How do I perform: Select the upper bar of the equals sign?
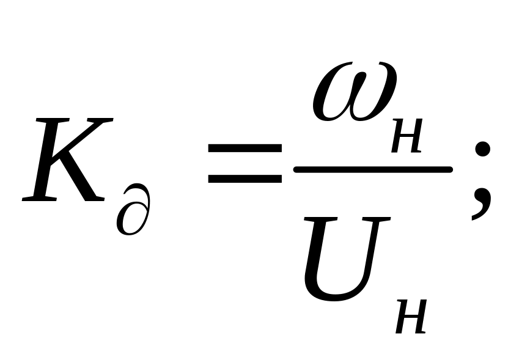coord(243,149)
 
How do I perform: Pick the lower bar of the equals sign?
coord(243,179)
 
